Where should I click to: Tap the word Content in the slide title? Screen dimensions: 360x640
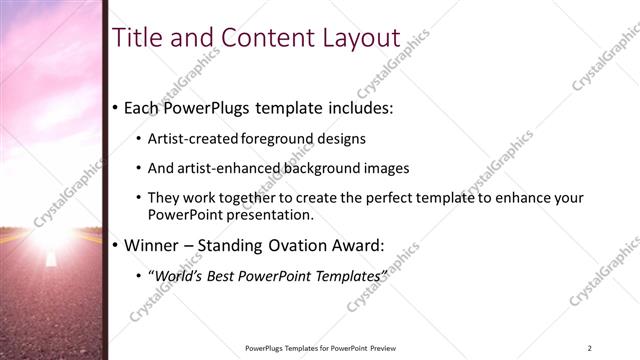[259, 37]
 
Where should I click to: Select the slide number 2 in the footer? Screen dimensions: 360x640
[589, 347]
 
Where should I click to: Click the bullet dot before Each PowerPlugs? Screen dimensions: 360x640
[115, 106]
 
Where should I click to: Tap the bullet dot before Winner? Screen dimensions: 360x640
[115, 244]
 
